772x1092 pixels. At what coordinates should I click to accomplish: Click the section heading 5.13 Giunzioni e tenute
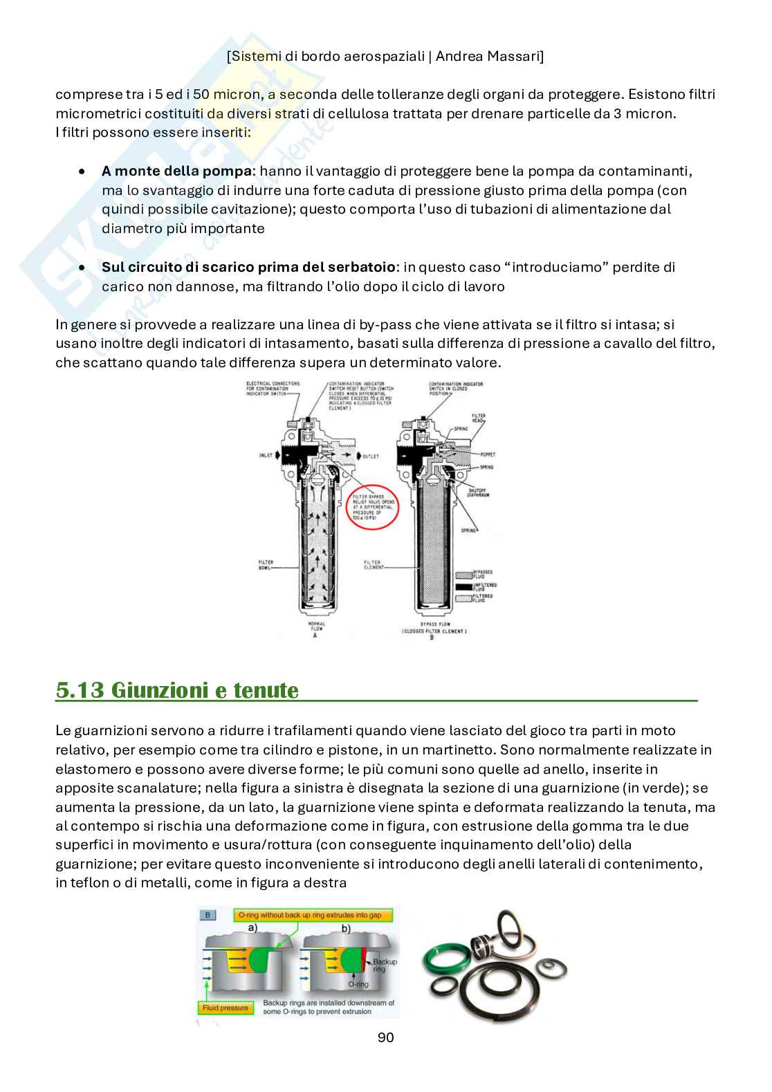click(x=177, y=690)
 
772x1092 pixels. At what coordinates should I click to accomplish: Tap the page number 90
click(x=385, y=1037)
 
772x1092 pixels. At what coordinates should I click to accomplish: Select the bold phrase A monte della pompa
click(x=175, y=171)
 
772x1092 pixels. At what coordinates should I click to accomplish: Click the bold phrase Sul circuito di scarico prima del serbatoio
click(x=249, y=267)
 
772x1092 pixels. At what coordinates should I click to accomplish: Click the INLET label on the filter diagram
click(x=266, y=456)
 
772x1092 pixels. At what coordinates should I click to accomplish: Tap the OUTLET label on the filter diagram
click(x=371, y=456)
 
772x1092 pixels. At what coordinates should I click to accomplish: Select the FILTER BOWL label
click(x=266, y=565)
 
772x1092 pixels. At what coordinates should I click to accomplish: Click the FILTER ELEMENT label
click(x=373, y=565)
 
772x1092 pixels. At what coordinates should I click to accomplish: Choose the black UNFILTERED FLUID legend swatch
click(x=463, y=586)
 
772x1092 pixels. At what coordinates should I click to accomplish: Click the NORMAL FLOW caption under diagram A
click(x=315, y=626)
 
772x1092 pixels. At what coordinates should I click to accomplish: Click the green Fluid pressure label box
click(x=224, y=1008)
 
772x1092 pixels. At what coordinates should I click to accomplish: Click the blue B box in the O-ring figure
click(x=208, y=915)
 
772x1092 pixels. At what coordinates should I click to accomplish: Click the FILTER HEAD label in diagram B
click(x=479, y=418)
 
